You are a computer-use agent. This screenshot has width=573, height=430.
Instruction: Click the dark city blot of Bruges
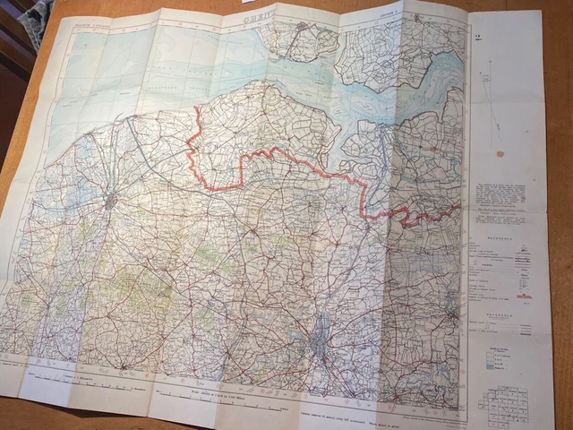click(111, 200)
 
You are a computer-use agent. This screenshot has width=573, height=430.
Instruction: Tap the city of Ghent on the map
click(320, 340)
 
